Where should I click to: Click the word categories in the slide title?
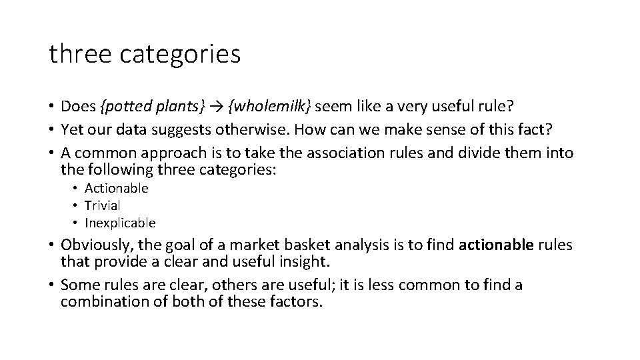pyautogui.click(x=181, y=54)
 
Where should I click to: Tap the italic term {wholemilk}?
pyautogui.click(x=271, y=106)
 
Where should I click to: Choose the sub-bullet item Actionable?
pyautogui.click(x=116, y=188)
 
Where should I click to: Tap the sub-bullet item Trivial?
pyautogui.click(x=102, y=205)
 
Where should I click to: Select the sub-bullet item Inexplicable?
pyautogui.click(x=120, y=223)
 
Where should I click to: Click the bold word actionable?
pyautogui.click(x=497, y=245)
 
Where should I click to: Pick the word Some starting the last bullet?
pyautogui.click(x=76, y=285)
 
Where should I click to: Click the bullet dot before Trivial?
pyautogui.click(x=77, y=205)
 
